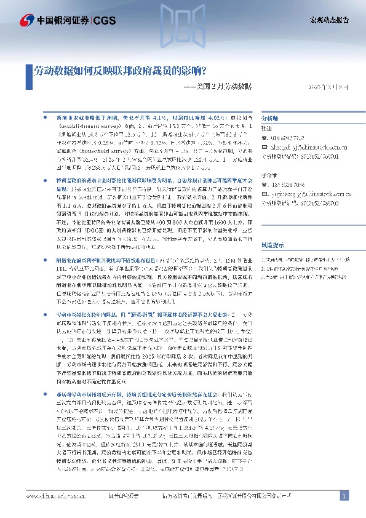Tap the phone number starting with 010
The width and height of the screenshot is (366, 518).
click(287, 138)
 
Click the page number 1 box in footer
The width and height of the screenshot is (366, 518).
click(345, 496)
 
